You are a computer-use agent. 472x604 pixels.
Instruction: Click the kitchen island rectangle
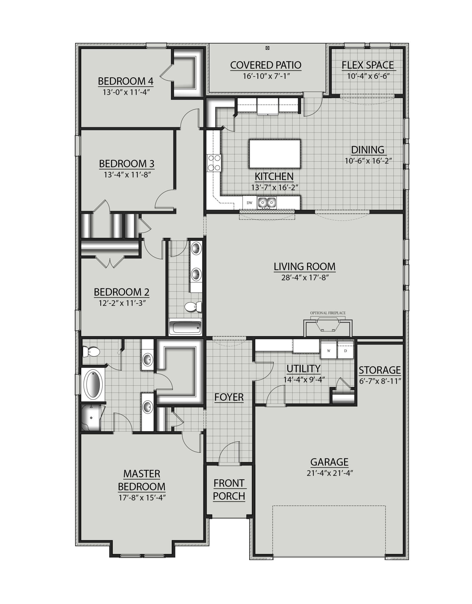275,154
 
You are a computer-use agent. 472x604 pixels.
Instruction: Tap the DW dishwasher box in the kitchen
250,203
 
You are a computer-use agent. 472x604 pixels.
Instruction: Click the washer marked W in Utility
328,351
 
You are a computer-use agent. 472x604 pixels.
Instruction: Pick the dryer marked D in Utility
345,351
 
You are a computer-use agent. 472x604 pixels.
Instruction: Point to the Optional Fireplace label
328,313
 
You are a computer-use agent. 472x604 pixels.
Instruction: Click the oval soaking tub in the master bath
95,384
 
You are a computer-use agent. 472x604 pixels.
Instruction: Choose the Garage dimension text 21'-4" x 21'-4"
330,473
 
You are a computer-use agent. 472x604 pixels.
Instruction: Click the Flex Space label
367,65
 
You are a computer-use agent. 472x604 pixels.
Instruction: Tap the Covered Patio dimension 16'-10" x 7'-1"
266,76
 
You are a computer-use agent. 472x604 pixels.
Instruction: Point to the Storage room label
380,370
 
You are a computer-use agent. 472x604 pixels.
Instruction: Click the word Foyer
229,397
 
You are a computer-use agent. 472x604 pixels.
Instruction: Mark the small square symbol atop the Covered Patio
267,48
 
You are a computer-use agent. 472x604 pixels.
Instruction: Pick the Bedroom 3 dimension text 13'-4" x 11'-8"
127,175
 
